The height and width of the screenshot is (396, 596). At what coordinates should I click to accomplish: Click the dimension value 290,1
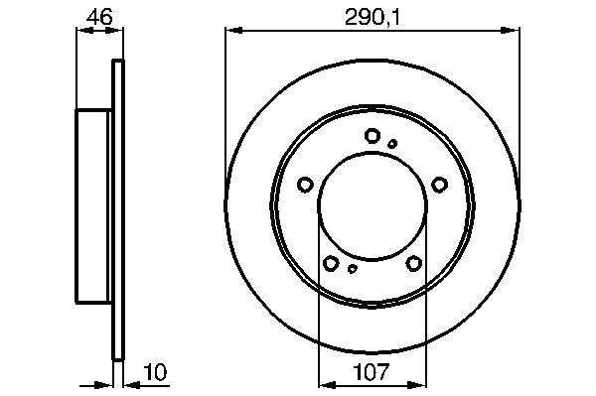coord(372,18)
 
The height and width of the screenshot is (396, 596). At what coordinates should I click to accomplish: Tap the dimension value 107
coord(372,372)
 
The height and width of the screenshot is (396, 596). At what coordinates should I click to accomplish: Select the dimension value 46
coord(99,17)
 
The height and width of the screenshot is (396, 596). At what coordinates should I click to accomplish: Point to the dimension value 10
coord(155,372)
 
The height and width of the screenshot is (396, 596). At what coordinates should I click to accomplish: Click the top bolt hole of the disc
coord(372,136)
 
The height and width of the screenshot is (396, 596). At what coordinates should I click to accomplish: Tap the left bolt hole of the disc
coord(305,185)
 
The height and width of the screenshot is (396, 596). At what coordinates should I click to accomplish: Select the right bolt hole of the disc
coord(440,185)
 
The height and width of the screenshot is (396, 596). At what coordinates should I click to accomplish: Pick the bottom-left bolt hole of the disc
coord(331,263)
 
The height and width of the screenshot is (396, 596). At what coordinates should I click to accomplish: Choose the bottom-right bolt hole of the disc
coord(414,263)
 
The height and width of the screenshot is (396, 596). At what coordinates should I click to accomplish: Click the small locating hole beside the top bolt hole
coord(392,144)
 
